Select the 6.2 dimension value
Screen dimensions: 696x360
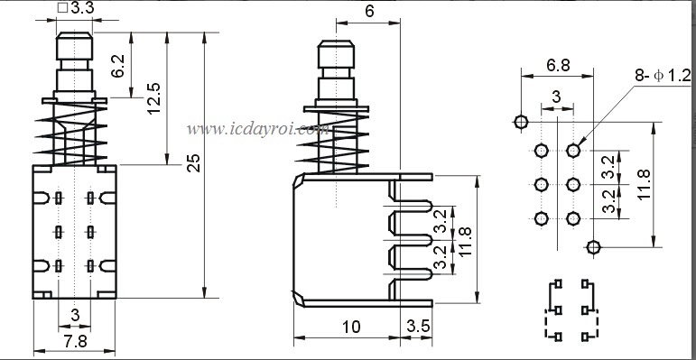(117, 67)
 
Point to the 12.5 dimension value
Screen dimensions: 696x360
(154, 98)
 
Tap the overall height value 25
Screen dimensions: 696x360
(194, 163)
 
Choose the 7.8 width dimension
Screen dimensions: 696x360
(76, 342)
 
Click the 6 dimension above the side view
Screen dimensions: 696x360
(369, 12)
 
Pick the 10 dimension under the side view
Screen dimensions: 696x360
(351, 328)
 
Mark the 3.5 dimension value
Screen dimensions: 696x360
(419, 327)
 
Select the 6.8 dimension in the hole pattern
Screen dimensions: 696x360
(559, 66)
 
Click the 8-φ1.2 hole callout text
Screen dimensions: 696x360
(663, 76)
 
